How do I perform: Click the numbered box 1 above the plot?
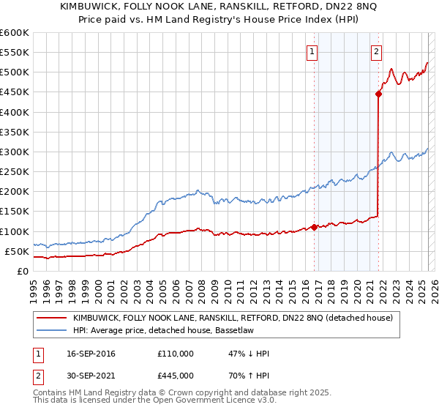point(312,51)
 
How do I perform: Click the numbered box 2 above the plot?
point(376,51)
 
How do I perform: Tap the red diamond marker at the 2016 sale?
point(315,227)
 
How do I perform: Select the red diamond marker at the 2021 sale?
point(379,94)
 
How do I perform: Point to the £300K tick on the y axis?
point(15,152)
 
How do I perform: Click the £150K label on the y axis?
point(15,212)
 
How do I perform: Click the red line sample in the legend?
point(51,318)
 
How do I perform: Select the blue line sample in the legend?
point(51,330)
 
